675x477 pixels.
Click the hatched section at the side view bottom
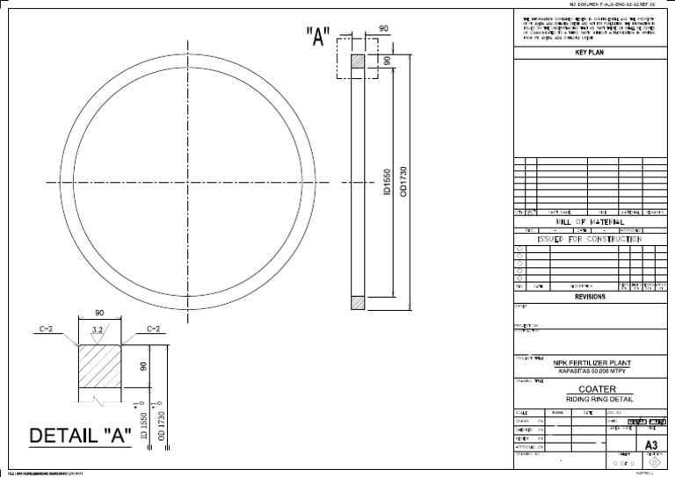coord(357,302)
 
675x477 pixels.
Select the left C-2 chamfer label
coord(46,329)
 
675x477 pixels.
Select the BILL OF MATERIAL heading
coord(590,222)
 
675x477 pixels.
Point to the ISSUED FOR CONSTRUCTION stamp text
coord(590,239)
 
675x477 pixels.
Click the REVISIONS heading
coord(590,297)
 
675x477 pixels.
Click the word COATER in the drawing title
coord(590,388)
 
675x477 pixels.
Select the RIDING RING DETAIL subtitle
coord(590,400)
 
